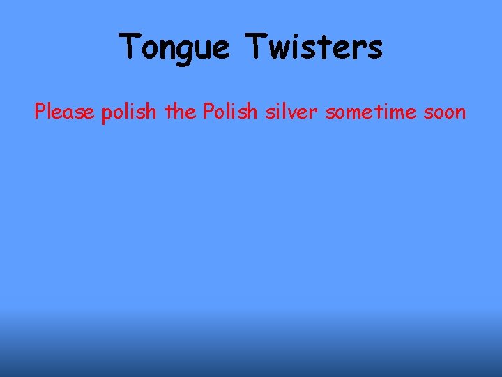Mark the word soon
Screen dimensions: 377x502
[442, 112]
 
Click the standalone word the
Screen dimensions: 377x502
[181, 111]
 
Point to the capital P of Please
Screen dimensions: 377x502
[40, 111]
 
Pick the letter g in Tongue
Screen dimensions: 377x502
[185, 50]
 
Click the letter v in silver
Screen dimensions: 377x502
[298, 112]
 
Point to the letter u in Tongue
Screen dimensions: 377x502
[202, 49]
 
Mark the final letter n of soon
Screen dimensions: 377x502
[460, 112]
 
